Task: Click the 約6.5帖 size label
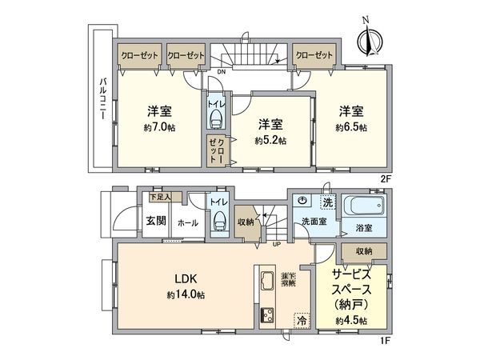pyautogui.click(x=351, y=127)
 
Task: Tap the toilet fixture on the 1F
pyautogui.click(x=218, y=221)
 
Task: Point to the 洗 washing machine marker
pyautogui.click(x=326, y=201)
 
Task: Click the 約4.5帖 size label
pyautogui.click(x=351, y=320)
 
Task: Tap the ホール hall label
pyautogui.click(x=189, y=222)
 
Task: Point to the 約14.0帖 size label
pyautogui.click(x=186, y=295)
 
